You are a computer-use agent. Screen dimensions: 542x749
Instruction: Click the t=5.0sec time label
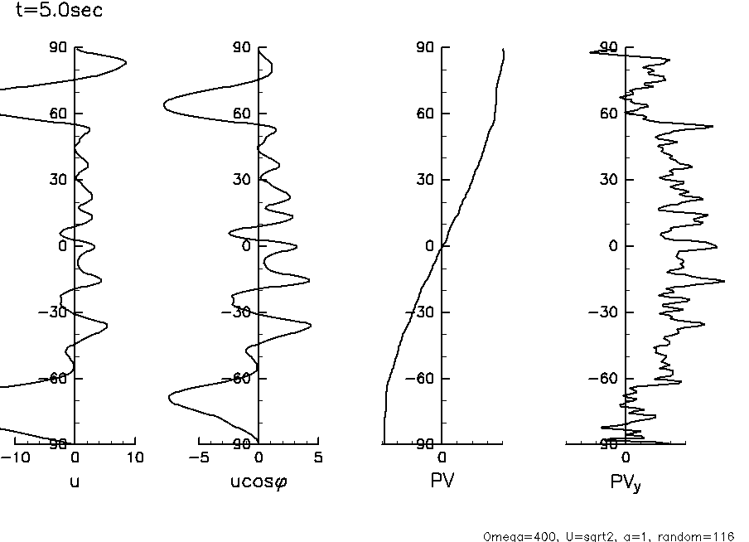click(59, 11)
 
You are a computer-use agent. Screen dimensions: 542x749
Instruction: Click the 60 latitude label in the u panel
click(58, 114)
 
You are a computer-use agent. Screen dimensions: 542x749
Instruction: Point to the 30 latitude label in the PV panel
click(425, 180)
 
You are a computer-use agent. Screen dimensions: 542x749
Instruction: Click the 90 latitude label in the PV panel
click(425, 47)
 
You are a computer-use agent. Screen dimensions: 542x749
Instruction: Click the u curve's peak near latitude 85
click(125, 63)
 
